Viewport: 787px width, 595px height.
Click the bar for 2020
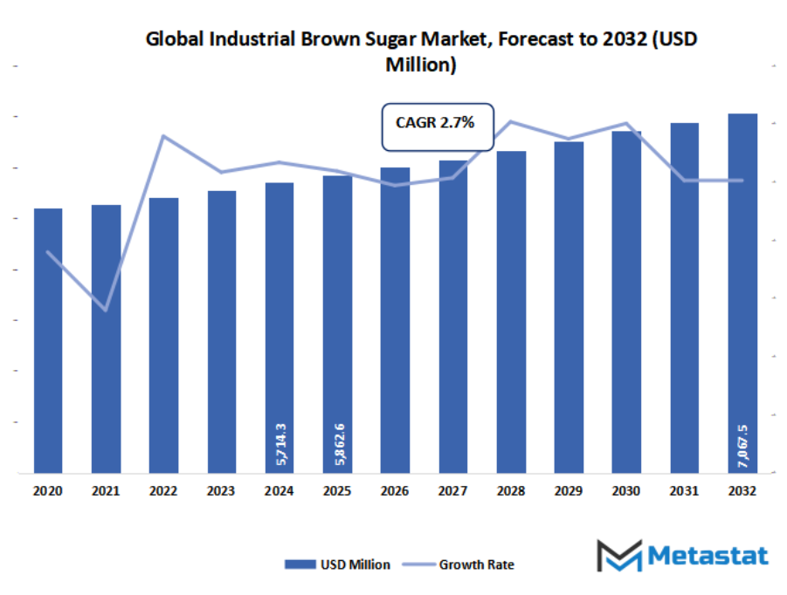click(x=48, y=340)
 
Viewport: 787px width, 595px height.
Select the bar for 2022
click(x=163, y=335)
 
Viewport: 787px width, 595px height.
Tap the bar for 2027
click(x=452, y=316)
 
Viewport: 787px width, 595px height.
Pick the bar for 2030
click(x=626, y=302)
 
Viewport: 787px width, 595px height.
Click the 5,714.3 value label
click(x=280, y=444)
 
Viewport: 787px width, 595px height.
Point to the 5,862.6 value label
click(x=337, y=444)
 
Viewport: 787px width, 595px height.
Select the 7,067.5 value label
click(x=742, y=446)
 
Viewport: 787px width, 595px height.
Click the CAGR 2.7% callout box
click(x=438, y=125)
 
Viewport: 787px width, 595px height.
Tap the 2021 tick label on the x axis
click(x=106, y=492)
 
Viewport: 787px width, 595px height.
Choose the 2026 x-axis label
click(x=395, y=492)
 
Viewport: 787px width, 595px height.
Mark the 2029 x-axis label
click(x=569, y=492)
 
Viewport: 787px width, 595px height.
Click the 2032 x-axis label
click(x=742, y=492)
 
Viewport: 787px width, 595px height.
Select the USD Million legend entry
click(x=337, y=564)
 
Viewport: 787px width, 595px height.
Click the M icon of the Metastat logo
click(x=618, y=556)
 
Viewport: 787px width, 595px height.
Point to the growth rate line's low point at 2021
click(x=106, y=310)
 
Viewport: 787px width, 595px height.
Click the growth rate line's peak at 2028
click(x=511, y=121)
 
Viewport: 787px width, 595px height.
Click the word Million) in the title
click(x=421, y=65)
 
